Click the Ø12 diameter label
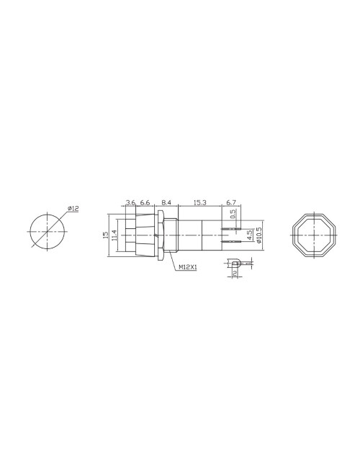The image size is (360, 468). [73, 208]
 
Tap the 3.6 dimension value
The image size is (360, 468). [130, 204]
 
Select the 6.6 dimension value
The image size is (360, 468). [145, 204]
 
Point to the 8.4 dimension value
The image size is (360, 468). [166, 204]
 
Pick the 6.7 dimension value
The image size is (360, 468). [231, 204]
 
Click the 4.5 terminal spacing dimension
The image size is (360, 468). [249, 235]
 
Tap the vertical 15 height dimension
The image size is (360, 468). [106, 234]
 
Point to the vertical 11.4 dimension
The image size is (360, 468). [114, 234]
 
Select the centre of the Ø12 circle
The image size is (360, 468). [47, 232]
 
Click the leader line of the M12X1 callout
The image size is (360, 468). [172, 261]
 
